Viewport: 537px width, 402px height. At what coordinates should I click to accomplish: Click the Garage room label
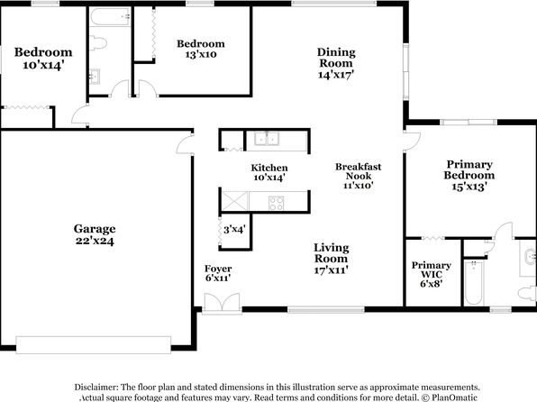[95, 234]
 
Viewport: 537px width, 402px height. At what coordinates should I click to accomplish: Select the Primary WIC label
[432, 270]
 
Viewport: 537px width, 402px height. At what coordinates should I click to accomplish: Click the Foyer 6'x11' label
[218, 273]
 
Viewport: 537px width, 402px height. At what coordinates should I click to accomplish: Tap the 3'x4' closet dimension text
[234, 229]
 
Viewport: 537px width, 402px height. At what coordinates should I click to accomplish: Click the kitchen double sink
[267, 139]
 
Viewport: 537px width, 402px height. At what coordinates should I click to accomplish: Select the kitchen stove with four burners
[276, 203]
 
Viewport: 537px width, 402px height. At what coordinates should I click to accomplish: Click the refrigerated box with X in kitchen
[234, 201]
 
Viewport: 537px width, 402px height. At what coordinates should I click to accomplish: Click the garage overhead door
[93, 344]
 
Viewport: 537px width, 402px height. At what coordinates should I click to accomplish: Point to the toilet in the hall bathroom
[98, 43]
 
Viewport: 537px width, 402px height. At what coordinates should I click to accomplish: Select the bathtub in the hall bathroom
[110, 16]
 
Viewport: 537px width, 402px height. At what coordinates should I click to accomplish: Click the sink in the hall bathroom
[95, 76]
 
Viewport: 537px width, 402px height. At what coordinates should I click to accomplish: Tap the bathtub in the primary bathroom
[474, 283]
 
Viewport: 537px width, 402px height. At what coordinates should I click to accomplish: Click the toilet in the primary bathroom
[527, 293]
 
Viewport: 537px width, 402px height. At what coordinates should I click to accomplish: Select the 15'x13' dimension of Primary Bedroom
[469, 187]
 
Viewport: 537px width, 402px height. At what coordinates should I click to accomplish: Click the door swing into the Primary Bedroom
[413, 140]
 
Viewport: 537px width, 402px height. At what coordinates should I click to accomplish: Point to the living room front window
[325, 310]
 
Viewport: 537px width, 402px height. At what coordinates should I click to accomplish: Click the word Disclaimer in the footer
[96, 388]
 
